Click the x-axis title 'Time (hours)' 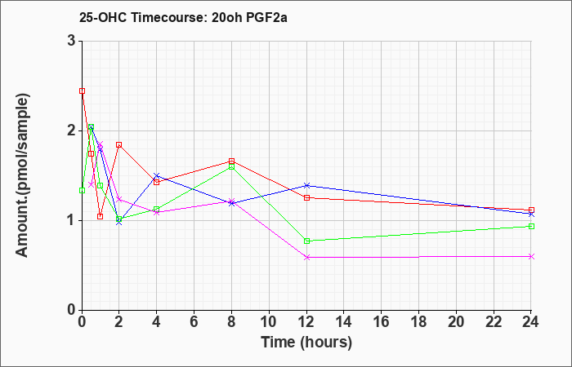[306, 342]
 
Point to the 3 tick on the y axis [71, 41]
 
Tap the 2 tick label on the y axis [71, 130]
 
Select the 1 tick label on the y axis [71, 220]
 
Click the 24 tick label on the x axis [531, 321]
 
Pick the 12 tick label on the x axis [306, 321]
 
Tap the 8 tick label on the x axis [232, 321]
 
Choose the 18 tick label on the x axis [418, 321]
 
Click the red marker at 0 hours [82, 91]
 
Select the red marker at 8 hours [232, 161]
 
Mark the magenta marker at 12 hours [306, 257]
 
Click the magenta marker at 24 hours [531, 256]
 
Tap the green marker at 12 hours [306, 241]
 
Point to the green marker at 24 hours [531, 226]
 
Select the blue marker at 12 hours [306, 185]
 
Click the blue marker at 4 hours [157, 175]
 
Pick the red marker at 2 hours [119, 144]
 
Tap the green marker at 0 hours [82, 190]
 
